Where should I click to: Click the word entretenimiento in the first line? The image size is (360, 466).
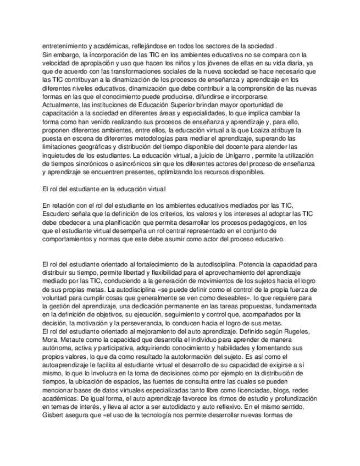coord(66,47)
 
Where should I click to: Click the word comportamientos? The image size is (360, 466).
coord(73,240)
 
